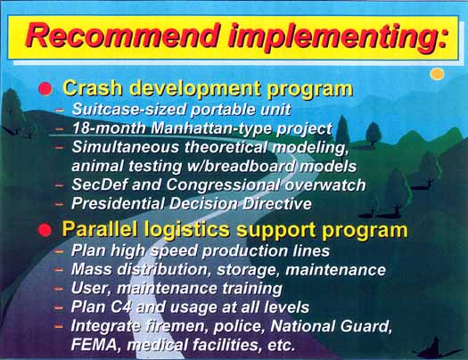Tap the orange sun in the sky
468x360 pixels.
[438, 74]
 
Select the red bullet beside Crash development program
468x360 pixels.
[45, 89]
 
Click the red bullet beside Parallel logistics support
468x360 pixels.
[45, 230]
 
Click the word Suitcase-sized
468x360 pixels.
[129, 110]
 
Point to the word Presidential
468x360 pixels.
[119, 204]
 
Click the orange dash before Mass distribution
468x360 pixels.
[59, 270]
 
